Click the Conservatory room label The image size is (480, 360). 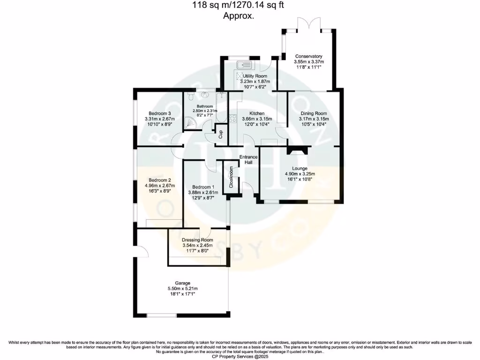(x=308, y=56)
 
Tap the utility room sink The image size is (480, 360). (x=244, y=65)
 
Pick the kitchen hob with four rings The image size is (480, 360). (x=232, y=118)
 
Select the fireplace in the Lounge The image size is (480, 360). (x=298, y=150)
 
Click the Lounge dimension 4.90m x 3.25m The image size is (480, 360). (x=300, y=174)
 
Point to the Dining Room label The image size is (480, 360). (x=314, y=113)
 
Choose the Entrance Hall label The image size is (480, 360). (x=248, y=159)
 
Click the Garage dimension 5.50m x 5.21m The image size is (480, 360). (x=183, y=288)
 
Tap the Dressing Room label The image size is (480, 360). (x=197, y=240)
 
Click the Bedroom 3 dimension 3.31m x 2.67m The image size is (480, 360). (x=159, y=119)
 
